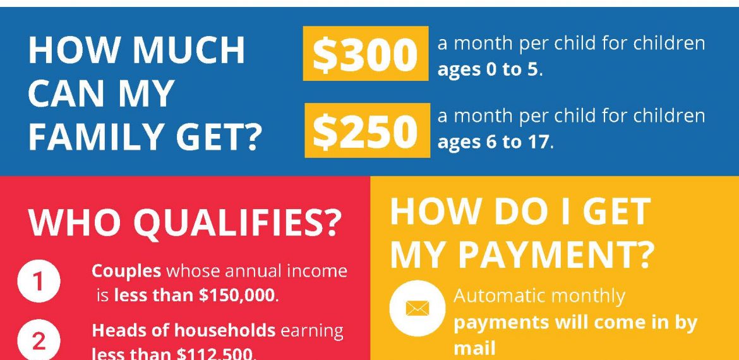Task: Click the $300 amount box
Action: click(366, 53)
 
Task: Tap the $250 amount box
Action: click(367, 130)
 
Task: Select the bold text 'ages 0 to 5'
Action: click(488, 69)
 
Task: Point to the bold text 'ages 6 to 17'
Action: click(493, 142)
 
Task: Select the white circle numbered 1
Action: click(39, 282)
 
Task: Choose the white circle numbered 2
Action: click(39, 340)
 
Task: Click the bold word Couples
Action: click(126, 272)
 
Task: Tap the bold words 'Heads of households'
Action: click(183, 330)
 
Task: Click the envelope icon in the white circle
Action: click(417, 309)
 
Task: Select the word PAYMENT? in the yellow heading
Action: click(556, 254)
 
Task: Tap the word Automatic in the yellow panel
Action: click(499, 296)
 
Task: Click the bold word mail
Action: click(474, 348)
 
